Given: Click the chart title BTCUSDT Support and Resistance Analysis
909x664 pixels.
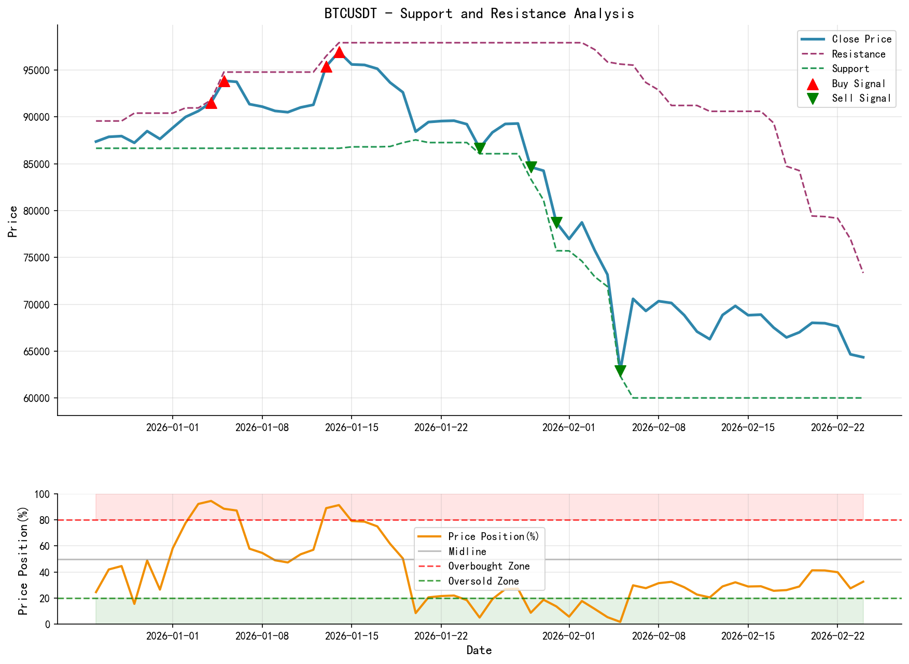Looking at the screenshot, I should (479, 13).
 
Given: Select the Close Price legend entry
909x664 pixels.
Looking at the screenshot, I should (861, 39).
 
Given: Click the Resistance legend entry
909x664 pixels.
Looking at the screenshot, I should (858, 54).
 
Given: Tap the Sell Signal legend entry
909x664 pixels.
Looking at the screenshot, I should (861, 98).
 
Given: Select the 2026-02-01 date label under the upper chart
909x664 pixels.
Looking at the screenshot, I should (569, 427).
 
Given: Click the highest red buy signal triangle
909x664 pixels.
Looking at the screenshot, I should (339, 52).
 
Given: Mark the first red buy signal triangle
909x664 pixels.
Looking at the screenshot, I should (211, 103).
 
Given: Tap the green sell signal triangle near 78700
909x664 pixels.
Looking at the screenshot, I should (556, 222).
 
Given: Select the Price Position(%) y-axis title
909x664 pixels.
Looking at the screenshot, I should (23, 559).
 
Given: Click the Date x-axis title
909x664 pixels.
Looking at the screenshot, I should (479, 650).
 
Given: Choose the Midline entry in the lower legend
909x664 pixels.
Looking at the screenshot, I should (467, 551).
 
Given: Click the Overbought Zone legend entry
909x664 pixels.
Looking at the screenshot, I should (488, 566).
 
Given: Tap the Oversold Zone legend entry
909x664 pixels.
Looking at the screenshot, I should (483, 581).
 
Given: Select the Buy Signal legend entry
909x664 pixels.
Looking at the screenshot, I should (858, 84).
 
